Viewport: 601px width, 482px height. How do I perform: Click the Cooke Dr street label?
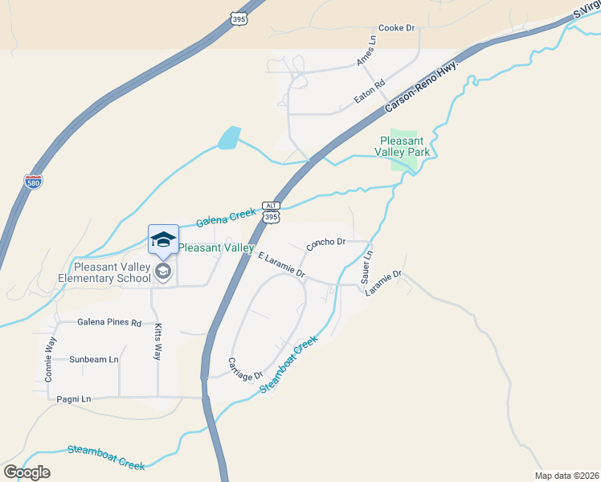pyautogui.click(x=396, y=28)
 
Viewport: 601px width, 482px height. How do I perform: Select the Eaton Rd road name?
pyautogui.click(x=370, y=92)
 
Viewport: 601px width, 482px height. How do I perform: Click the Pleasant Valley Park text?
pyautogui.click(x=405, y=145)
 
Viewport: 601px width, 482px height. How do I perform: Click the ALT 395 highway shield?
pyautogui.click(x=272, y=212)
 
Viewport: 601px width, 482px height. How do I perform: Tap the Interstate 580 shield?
pyautogui.click(x=34, y=182)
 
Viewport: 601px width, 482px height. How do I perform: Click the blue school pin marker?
pyautogui.click(x=163, y=239)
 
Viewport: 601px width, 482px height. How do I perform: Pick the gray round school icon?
pyautogui.click(x=163, y=272)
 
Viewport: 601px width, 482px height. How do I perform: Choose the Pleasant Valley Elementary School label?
pyautogui.click(x=104, y=272)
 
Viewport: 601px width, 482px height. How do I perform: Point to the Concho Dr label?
pyautogui.click(x=325, y=243)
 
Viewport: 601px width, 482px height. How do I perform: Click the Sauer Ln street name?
pyautogui.click(x=366, y=267)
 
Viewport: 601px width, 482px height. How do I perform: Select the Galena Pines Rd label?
pyautogui.click(x=109, y=322)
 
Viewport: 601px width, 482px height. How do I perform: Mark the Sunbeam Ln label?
pyautogui.click(x=93, y=359)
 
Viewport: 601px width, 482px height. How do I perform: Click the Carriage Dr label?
pyautogui.click(x=245, y=370)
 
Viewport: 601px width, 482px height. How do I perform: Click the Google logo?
pyautogui.click(x=27, y=472)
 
